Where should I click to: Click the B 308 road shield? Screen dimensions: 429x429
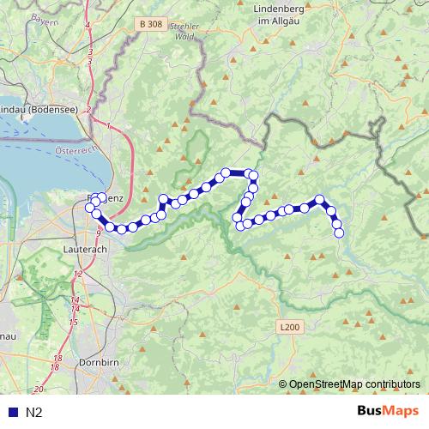point(149,27)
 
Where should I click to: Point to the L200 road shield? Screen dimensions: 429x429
point(290,327)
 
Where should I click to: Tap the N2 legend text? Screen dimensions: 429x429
point(34,413)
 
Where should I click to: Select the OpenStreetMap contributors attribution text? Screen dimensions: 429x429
point(355,384)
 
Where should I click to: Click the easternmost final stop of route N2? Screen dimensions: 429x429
point(338,233)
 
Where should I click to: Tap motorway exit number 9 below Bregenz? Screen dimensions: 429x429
point(99,233)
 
